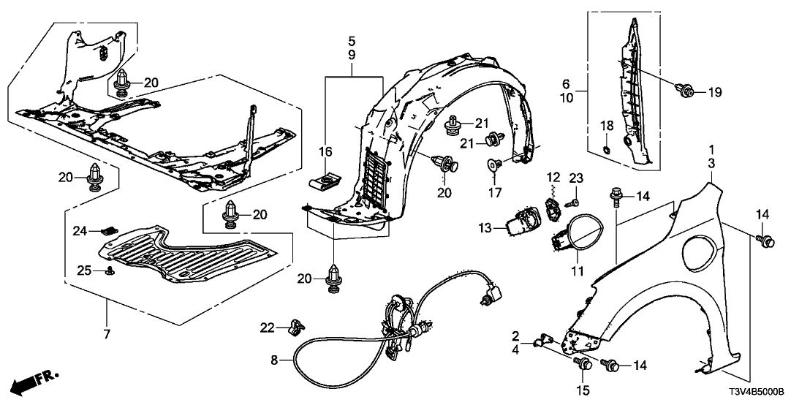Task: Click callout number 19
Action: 714,92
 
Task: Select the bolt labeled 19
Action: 686,91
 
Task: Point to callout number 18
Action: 604,126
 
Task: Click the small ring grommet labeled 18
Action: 605,151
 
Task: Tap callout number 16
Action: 325,151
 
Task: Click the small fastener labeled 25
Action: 110,271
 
